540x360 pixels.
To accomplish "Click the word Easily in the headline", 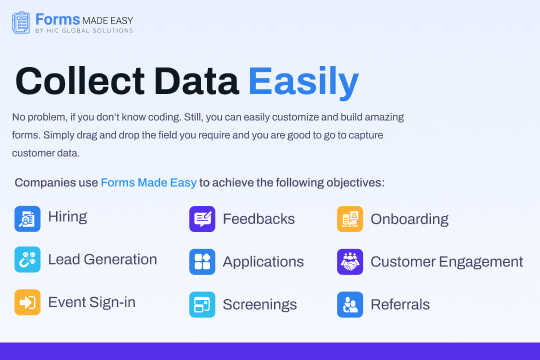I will [x=303, y=80].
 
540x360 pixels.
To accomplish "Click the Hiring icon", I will [x=27, y=218].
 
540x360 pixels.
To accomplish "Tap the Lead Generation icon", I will [x=27, y=260].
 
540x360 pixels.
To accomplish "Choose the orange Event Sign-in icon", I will [x=27, y=303].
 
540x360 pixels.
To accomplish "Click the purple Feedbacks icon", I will [x=202, y=219].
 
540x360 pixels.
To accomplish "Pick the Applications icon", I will [x=202, y=262].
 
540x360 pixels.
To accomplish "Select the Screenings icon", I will [x=202, y=304].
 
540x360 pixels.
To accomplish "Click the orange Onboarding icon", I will [x=350, y=219].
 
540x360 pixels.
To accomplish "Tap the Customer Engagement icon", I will [x=350, y=262].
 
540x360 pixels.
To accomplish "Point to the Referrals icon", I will [x=350, y=304].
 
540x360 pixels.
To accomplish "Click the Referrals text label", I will [x=400, y=304].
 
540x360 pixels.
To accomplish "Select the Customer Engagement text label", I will [x=446, y=262].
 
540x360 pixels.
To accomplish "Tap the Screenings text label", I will [x=259, y=304].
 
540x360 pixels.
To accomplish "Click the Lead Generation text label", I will [x=102, y=260].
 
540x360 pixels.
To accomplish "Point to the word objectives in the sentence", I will [x=348, y=182].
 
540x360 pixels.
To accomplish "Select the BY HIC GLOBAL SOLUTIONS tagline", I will [x=84, y=30].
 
